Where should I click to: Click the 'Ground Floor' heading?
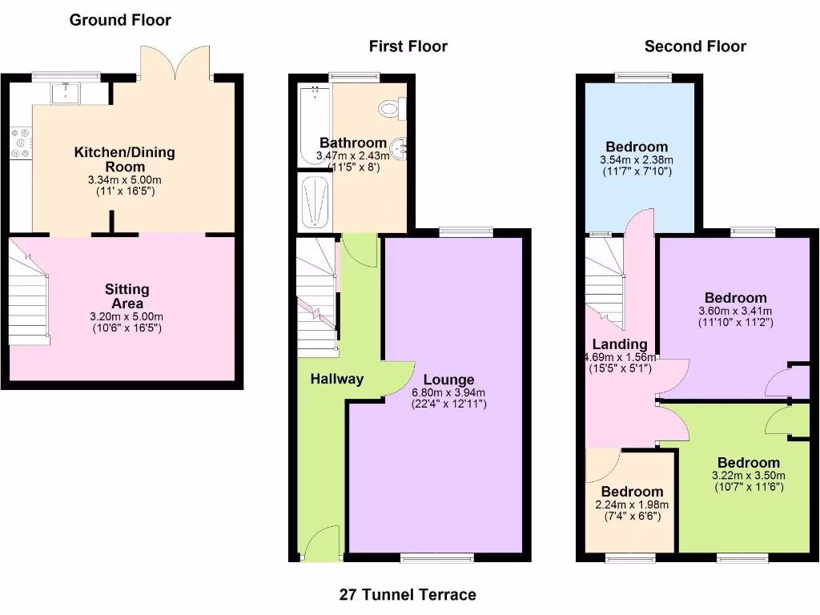coord(120,20)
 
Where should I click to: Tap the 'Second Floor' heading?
coord(695,46)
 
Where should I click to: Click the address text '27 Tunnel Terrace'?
coord(408,594)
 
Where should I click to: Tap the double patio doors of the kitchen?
coord(175,64)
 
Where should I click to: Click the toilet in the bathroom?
coord(393,107)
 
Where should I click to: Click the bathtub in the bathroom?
coord(313,124)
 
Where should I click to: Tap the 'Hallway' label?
coord(337,379)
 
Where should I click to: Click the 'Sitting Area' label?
coord(127,296)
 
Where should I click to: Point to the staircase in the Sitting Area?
coord(29,300)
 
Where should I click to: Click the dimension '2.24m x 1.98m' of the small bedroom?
coord(632,504)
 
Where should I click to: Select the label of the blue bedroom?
coord(637,147)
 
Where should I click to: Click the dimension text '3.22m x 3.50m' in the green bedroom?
coord(748,475)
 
